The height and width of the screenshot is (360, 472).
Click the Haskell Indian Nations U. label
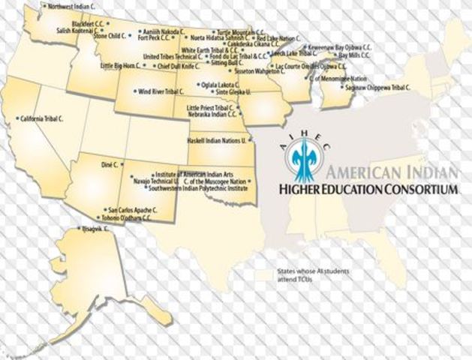pos(217,140)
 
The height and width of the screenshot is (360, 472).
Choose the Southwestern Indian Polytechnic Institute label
pos(196,187)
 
